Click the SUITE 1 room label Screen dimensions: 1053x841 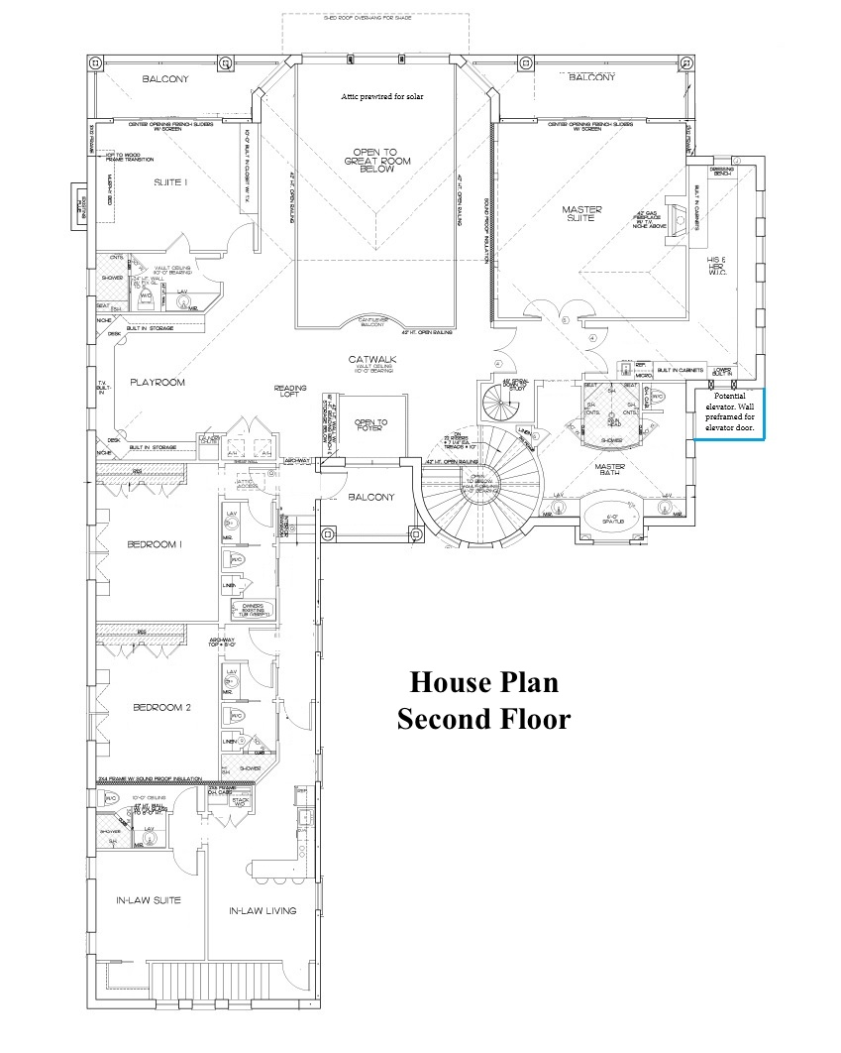(x=170, y=183)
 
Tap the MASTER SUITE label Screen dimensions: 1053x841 (x=581, y=212)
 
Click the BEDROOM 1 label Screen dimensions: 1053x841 (x=161, y=545)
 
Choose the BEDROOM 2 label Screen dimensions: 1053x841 (x=161, y=708)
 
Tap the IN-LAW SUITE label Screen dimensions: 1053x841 (x=148, y=900)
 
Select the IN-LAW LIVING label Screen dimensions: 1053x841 (x=263, y=910)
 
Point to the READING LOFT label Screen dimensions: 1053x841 (x=290, y=393)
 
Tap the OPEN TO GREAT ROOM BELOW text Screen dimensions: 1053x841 (x=376, y=161)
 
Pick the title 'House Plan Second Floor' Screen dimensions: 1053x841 (x=484, y=700)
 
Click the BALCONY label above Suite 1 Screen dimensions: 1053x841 (x=164, y=79)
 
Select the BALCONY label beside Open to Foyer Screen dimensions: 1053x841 (x=369, y=497)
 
